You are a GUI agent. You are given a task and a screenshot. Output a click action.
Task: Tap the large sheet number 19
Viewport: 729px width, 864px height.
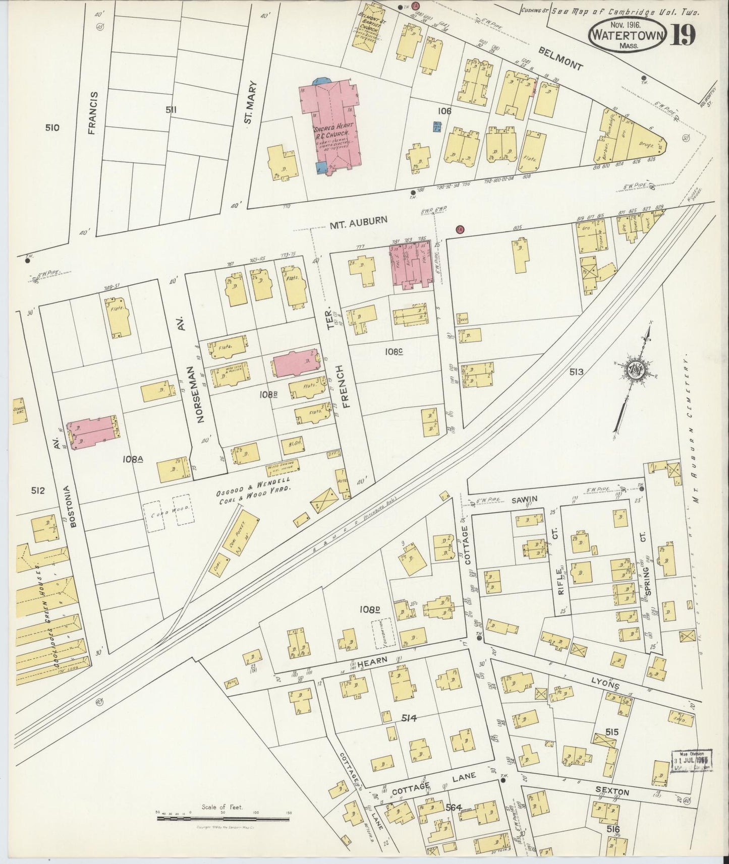(x=684, y=35)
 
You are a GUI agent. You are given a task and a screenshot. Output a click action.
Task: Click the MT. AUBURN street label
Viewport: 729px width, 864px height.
(x=359, y=220)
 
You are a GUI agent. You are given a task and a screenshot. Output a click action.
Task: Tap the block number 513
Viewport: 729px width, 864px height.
(x=576, y=372)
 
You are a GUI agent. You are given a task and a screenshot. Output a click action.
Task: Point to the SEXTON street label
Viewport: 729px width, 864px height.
(x=613, y=792)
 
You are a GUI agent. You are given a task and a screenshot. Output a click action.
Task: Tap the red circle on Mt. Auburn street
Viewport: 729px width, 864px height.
(x=460, y=230)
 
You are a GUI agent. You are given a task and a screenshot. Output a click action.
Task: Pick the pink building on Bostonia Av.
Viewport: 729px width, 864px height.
(x=92, y=432)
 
